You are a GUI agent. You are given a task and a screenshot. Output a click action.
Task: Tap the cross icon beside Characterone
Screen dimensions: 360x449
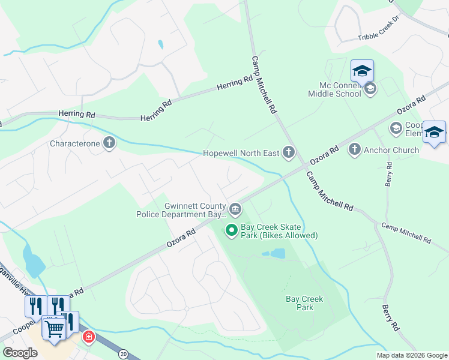coord(109,143)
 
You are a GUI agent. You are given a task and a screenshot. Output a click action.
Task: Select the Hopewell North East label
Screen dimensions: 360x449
coord(241,154)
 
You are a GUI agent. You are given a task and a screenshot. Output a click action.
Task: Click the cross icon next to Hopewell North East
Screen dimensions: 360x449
coord(289,154)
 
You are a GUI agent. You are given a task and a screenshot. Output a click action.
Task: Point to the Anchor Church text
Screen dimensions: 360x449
coord(391,150)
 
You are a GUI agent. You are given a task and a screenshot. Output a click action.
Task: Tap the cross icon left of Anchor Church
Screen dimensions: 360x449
coord(354,149)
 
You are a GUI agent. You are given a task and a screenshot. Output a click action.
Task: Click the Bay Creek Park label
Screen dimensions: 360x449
coord(304,303)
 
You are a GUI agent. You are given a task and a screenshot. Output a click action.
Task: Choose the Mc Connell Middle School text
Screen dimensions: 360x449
coord(334,89)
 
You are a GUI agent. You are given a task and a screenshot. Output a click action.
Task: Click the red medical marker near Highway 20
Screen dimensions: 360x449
coord(89,337)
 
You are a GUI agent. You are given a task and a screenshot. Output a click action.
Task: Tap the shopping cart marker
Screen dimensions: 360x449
coord(55,328)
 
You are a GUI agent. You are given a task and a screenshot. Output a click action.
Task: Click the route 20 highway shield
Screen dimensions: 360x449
coord(123,355)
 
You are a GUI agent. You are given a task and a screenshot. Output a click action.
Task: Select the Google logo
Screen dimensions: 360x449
coord(20,353)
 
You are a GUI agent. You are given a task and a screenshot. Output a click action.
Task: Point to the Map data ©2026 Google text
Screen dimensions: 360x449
coord(411,355)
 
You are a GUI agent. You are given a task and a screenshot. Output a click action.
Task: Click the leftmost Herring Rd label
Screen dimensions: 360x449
coord(77,114)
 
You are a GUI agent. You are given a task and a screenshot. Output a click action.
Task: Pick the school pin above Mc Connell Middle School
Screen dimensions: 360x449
coord(362,71)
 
